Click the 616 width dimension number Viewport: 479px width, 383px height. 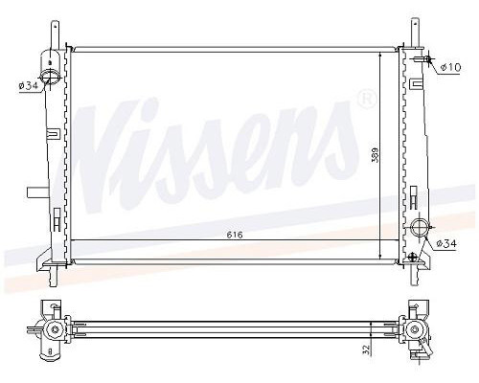pyautogui.click(x=235, y=235)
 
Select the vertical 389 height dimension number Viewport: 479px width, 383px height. pyautogui.click(x=375, y=155)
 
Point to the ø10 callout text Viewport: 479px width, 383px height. pyautogui.click(x=450, y=67)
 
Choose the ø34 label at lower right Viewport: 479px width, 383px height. pyautogui.click(x=446, y=244)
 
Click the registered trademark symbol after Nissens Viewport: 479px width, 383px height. pyautogui.click(x=367, y=100)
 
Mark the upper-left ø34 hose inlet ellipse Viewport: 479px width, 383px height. pyautogui.click(x=50, y=76)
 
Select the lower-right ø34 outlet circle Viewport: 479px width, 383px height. pyautogui.click(x=419, y=228)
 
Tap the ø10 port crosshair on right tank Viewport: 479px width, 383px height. pyautogui.click(x=427, y=58)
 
